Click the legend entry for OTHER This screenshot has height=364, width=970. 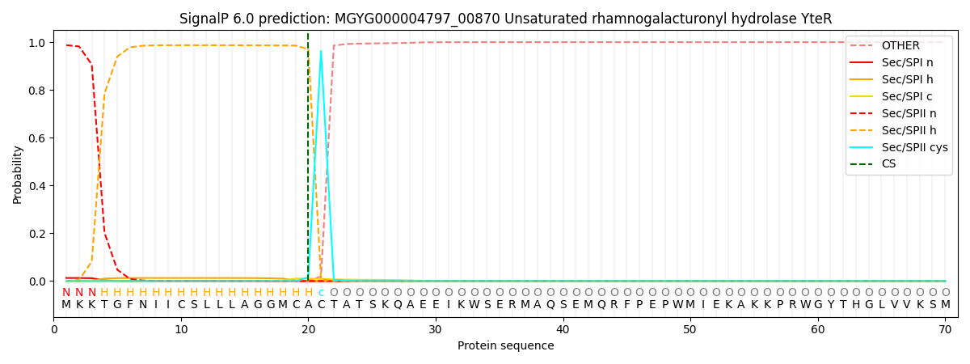click(x=900, y=45)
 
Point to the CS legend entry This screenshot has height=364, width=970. click(x=889, y=164)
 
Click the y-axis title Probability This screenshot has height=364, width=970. click(x=18, y=174)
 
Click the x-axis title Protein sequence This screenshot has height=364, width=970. click(x=505, y=345)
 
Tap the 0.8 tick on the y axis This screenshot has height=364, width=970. click(x=38, y=91)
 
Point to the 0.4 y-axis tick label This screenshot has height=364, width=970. click(x=38, y=186)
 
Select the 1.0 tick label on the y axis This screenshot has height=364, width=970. click(x=38, y=43)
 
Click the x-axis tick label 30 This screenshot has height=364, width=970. click(x=436, y=329)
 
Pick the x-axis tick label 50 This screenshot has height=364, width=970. click(x=690, y=329)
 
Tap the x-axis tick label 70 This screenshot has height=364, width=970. click(x=944, y=329)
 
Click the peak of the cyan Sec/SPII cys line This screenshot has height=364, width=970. click(x=321, y=51)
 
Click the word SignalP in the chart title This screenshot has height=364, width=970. click(x=206, y=19)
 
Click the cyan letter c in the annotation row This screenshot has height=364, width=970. click(x=321, y=293)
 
